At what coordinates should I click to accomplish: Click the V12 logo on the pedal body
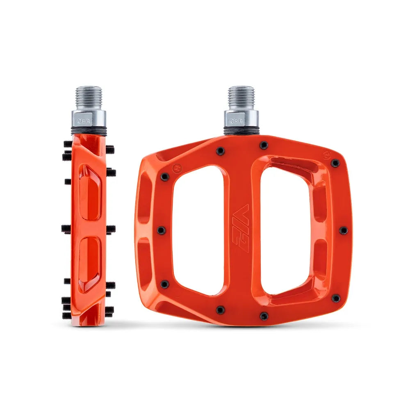[x=241, y=224]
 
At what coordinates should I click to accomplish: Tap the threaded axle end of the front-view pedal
[x=241, y=97]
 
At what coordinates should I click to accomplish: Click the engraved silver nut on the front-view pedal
[x=241, y=119]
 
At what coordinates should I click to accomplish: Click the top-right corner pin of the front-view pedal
[x=335, y=164]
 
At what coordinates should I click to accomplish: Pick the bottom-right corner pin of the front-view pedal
[x=336, y=298]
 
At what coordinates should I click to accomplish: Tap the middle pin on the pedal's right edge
[x=344, y=230]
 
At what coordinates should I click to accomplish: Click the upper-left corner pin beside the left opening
[x=165, y=177]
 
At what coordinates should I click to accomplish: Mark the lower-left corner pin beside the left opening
[x=164, y=284]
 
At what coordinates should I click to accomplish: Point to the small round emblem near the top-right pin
[x=327, y=156]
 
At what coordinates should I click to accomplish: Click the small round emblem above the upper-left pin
[x=166, y=168]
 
